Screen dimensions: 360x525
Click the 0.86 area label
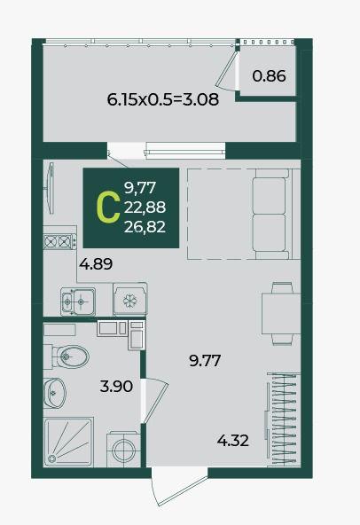269,76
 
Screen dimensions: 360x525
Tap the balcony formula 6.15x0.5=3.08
163,99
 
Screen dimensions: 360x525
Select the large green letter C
108,209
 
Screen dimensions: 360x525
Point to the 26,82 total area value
145,227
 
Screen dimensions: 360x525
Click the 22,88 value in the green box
145,208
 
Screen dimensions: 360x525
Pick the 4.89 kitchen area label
96,264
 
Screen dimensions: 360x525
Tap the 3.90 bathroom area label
116,387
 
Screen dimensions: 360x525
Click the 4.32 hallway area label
232,441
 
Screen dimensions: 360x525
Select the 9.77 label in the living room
205,361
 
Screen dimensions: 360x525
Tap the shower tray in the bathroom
68,442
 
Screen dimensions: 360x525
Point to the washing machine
123,450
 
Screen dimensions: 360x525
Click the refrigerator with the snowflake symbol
130,300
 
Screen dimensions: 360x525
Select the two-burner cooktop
59,241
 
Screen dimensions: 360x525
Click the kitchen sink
78,302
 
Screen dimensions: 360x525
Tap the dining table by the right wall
280,313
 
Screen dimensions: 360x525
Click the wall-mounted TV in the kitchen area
51,188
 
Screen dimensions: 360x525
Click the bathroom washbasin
54,393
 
